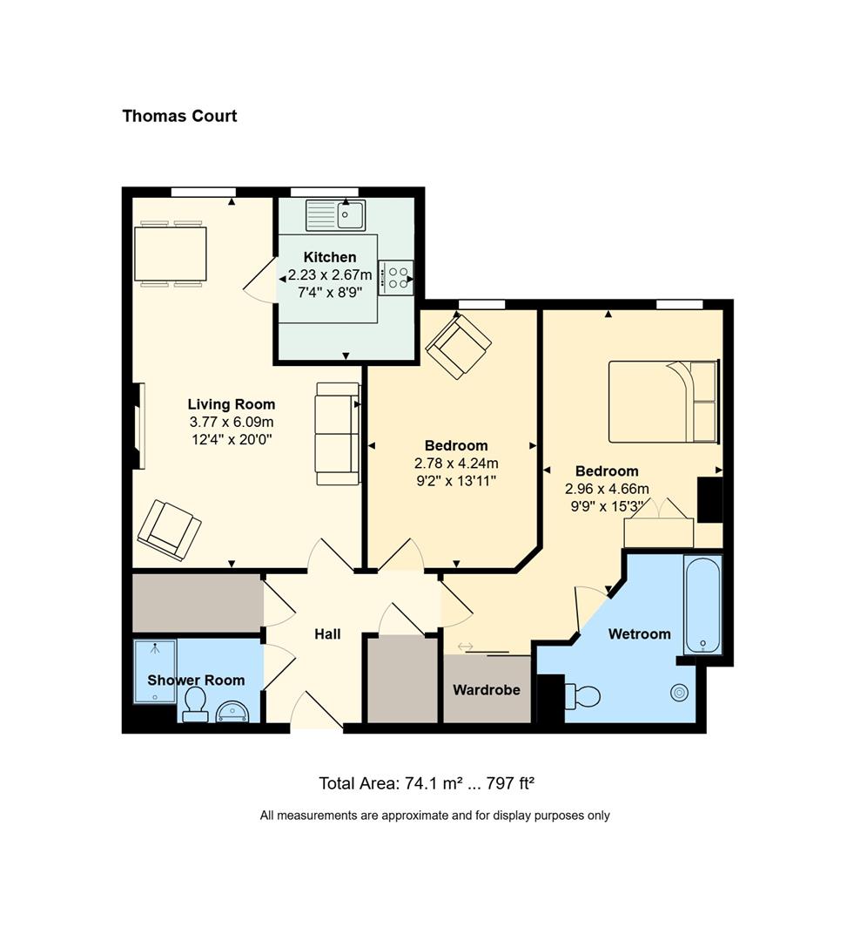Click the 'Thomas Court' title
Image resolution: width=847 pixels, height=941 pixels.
179,116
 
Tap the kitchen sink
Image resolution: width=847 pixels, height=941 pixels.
335,215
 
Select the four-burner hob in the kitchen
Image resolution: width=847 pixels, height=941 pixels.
395,278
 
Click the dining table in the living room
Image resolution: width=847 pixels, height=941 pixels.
171,254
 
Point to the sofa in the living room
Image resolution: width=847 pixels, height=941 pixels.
338,434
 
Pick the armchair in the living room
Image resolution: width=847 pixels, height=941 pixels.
169,531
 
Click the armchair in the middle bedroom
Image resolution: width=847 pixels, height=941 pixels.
459,346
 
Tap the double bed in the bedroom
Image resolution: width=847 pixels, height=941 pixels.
663,402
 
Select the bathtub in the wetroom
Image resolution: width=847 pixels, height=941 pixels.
702,605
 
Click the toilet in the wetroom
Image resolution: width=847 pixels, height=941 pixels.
582,696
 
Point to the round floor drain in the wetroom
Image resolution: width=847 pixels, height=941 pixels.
679,693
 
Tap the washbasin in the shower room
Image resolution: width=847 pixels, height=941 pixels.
232,711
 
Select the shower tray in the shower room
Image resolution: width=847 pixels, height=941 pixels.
155,672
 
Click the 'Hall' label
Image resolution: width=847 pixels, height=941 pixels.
327,634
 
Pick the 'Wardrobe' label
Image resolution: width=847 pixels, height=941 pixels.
487,690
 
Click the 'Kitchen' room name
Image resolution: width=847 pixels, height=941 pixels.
330,257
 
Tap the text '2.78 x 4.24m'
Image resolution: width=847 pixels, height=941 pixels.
456,464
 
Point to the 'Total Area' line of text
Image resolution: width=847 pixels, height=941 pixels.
427,783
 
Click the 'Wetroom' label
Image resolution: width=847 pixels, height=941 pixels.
640,634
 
